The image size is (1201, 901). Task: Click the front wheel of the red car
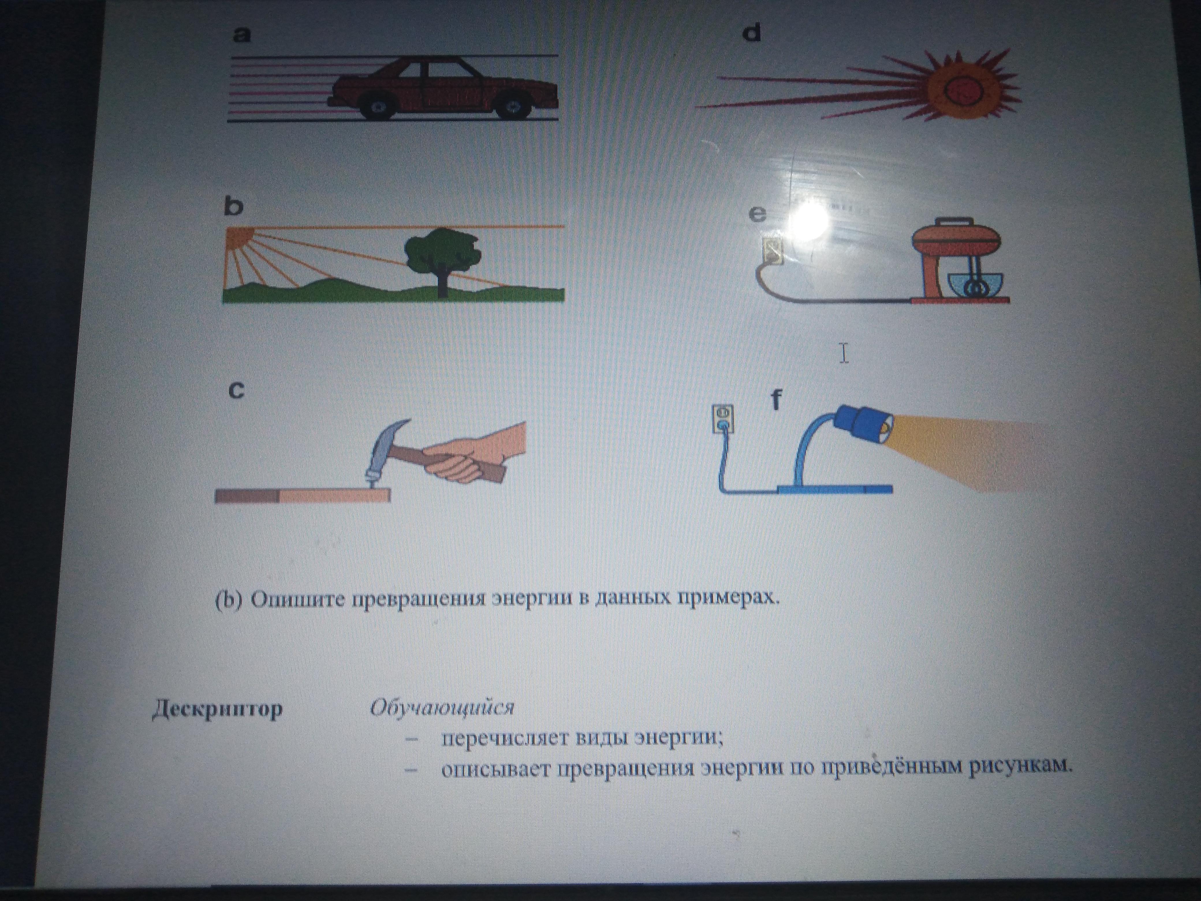(x=512, y=107)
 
